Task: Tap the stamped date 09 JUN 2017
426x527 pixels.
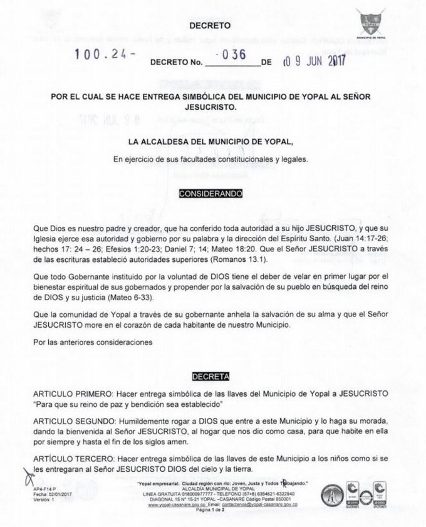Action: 313,61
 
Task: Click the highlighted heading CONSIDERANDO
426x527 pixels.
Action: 210,194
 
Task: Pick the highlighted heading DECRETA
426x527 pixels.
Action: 210,377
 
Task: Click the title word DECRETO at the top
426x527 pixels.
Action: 210,26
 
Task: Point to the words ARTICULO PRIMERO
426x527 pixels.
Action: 68,393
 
